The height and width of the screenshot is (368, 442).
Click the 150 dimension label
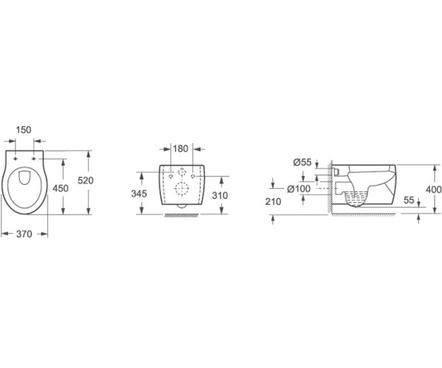pyautogui.click(x=24, y=130)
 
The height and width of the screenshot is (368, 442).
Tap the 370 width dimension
pyautogui.click(x=24, y=234)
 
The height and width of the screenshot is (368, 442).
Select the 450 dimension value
pyautogui.click(x=60, y=188)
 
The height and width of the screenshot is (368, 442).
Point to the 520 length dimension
pyautogui.click(x=85, y=180)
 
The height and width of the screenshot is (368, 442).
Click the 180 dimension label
pyautogui.click(x=180, y=149)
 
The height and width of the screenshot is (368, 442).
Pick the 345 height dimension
pyautogui.click(x=139, y=194)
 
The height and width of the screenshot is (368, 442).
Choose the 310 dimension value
pyautogui.click(x=220, y=195)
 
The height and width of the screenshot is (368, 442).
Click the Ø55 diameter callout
pyautogui.click(x=302, y=162)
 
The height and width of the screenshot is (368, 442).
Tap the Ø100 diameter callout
pyautogui.click(x=298, y=189)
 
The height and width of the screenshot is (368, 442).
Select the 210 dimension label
pyautogui.click(x=273, y=202)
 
